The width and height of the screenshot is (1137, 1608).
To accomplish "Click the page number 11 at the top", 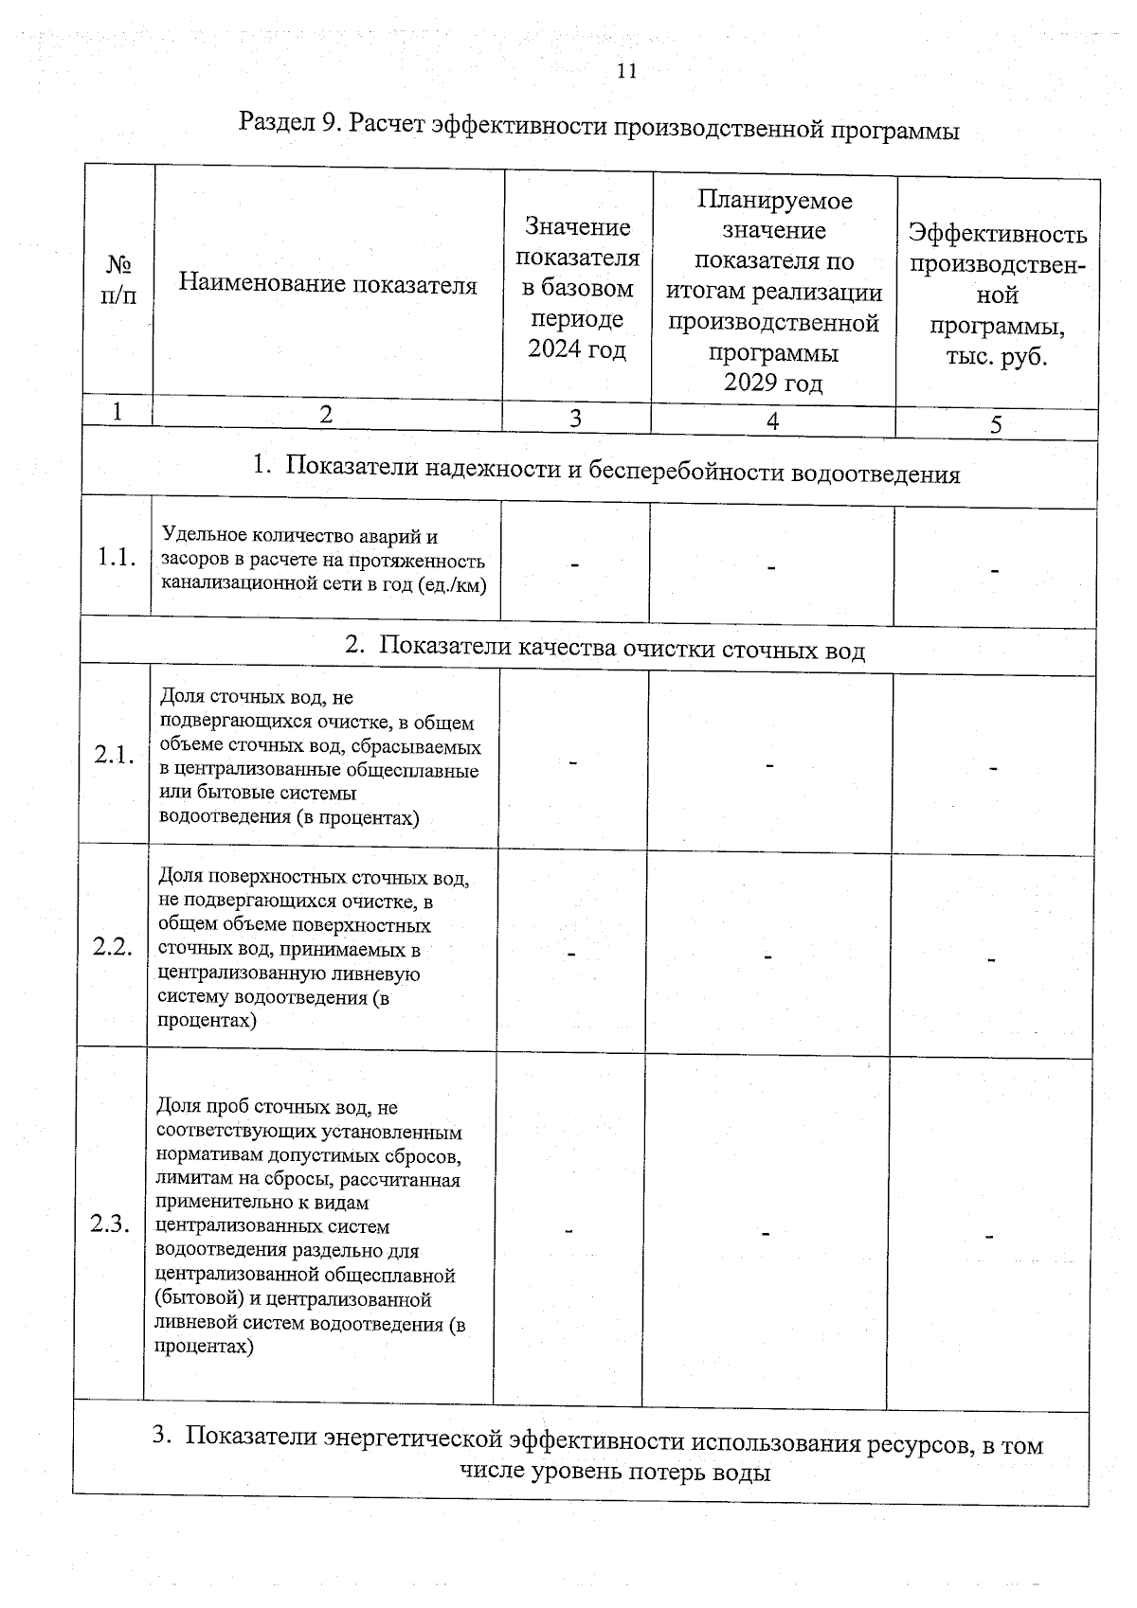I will (626, 71).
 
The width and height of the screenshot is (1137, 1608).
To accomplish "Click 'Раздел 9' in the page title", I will (282, 122).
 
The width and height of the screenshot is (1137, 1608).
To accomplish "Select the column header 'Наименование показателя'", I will (328, 284).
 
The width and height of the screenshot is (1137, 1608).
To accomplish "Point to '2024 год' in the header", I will (577, 349).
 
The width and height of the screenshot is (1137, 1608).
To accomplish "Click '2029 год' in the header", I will (773, 383).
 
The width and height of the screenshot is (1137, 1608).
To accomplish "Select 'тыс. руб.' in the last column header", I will (996, 358).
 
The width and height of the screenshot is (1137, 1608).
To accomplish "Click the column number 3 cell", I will (575, 418).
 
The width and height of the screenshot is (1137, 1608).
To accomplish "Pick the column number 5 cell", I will (996, 425).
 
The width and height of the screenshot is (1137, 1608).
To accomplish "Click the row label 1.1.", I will (117, 558).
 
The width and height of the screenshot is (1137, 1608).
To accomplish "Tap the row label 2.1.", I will (115, 755).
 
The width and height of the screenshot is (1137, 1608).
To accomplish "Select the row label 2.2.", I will (113, 946).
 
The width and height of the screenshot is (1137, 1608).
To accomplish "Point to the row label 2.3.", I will (110, 1224).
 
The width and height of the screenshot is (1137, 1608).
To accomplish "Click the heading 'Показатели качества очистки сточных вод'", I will (622, 649).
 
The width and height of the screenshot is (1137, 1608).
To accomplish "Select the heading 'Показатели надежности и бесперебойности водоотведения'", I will (623, 472).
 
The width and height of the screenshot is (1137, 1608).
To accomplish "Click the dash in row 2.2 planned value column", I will (768, 956).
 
